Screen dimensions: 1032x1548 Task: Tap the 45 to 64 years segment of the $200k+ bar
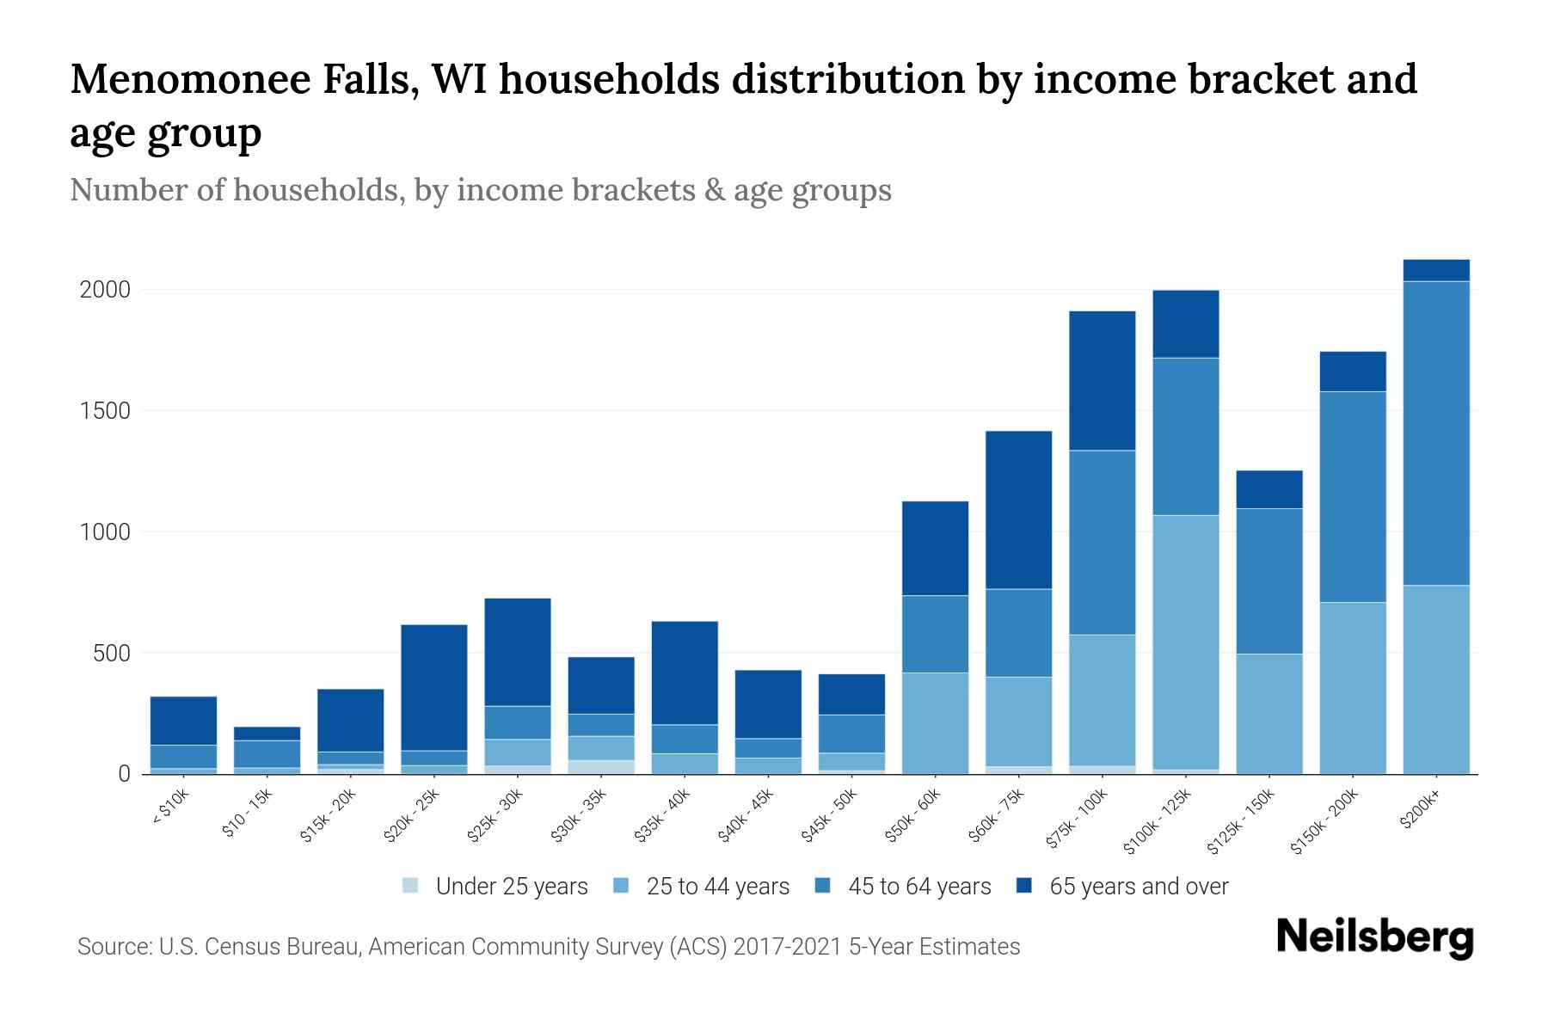[1436, 433]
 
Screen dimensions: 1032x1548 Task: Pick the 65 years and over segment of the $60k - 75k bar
[1018, 509]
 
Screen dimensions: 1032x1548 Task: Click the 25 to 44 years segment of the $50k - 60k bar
[935, 722]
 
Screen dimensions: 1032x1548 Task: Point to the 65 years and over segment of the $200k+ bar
[1436, 270]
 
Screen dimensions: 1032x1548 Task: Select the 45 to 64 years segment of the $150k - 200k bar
[1353, 496]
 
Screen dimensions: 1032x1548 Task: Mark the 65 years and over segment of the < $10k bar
[183, 720]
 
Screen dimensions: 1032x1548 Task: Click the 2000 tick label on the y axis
[105, 290]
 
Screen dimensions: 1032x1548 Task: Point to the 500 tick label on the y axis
[112, 654]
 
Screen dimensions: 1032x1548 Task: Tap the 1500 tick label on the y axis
[105, 411]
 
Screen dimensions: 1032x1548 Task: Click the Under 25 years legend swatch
[411, 886]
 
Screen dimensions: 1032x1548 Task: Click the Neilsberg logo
[1374, 937]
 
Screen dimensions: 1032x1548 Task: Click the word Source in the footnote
[113, 947]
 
